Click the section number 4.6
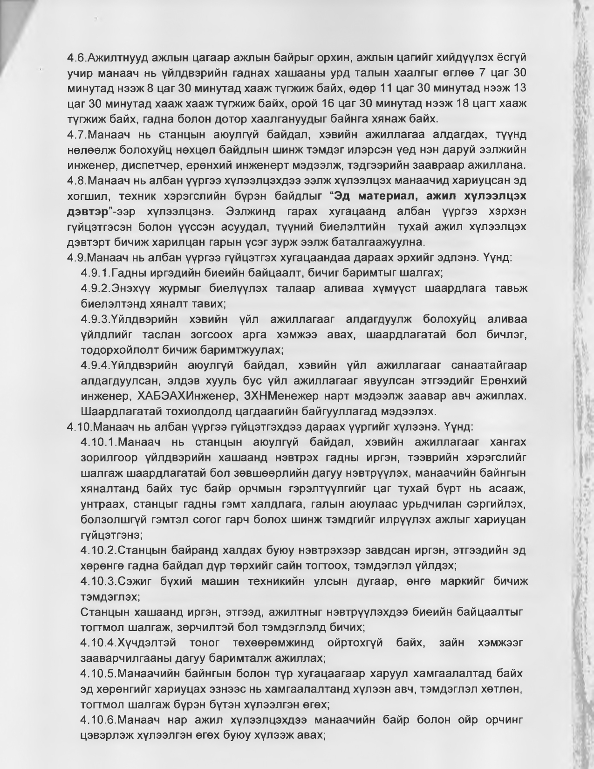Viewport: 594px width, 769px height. [x=76, y=58]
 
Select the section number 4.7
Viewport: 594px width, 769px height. [x=76, y=135]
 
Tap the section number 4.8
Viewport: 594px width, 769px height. [x=76, y=180]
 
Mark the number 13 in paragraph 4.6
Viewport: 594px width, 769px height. [x=519, y=89]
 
